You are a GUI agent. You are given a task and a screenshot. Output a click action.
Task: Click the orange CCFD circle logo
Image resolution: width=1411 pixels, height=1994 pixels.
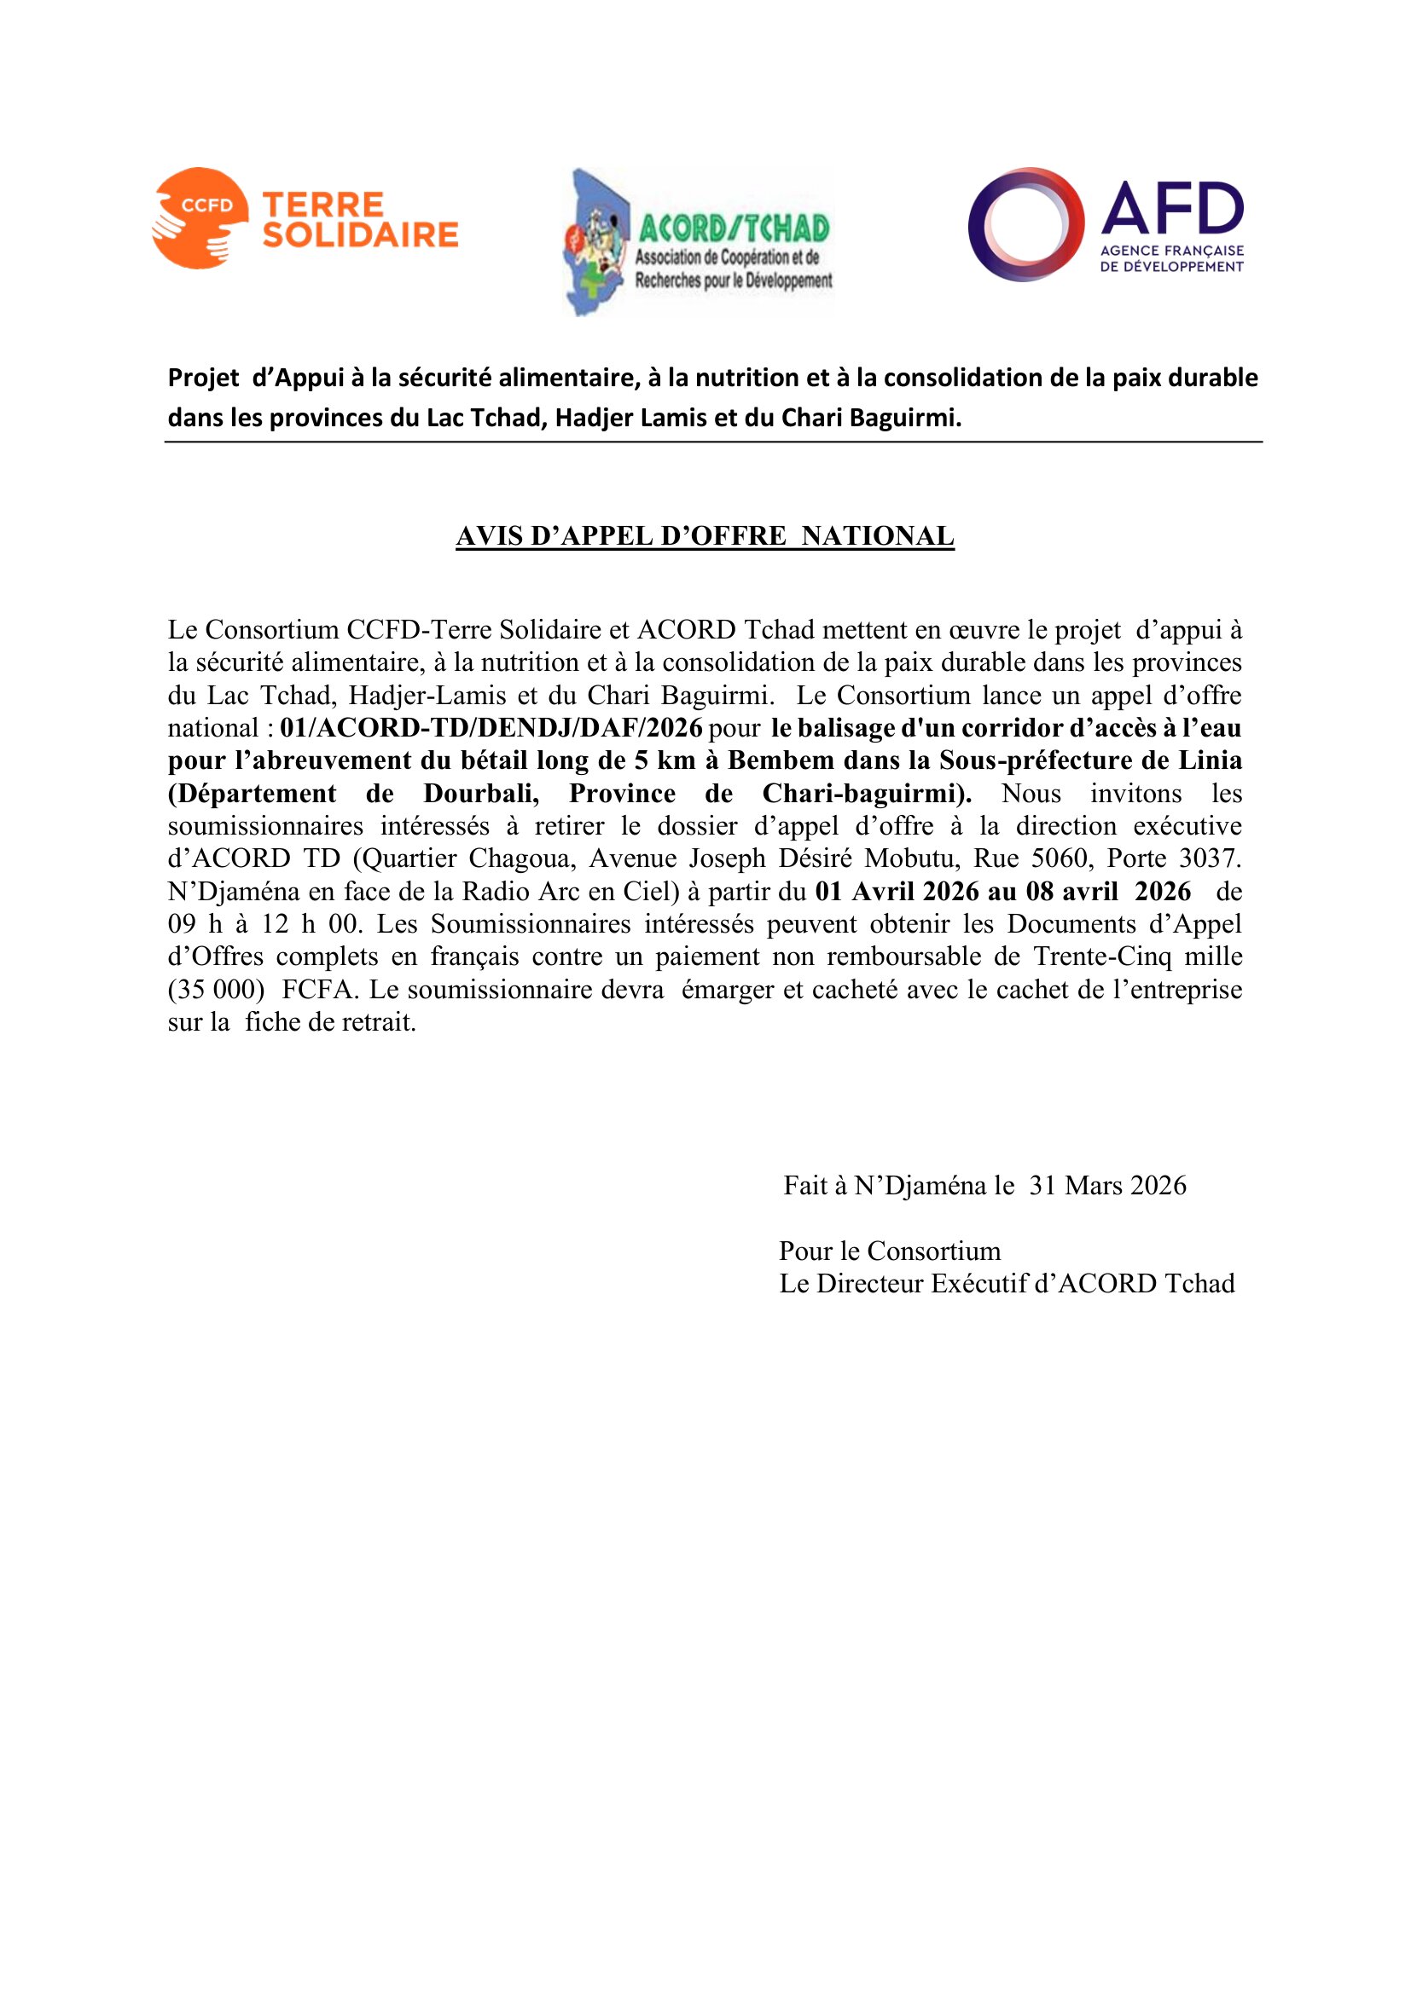point(198,217)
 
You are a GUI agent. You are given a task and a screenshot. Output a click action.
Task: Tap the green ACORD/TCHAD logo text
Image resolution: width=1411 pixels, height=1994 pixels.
point(734,228)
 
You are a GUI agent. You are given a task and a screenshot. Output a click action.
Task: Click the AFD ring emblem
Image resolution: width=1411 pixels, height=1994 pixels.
point(1026,224)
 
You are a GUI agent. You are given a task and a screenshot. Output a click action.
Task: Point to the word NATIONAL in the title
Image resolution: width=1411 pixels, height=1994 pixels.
point(878,536)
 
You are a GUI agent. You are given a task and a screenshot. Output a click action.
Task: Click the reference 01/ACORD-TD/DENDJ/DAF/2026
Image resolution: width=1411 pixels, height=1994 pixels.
point(491,728)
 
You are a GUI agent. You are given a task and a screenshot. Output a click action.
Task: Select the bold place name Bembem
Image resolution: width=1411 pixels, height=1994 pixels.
point(768,760)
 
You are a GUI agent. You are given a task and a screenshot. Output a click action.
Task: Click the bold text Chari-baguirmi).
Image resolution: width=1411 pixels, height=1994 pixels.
point(867,793)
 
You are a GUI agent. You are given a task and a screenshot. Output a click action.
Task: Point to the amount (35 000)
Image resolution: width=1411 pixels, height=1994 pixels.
point(216,989)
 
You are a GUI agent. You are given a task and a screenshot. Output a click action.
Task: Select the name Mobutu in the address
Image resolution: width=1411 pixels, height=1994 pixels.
point(911,858)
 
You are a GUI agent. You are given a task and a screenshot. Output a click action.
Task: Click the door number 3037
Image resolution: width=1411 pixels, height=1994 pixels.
point(1210,858)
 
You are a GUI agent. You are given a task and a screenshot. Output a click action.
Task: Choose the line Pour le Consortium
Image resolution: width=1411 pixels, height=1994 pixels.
point(890,1251)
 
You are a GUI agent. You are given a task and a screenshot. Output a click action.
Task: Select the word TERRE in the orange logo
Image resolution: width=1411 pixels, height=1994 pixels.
point(322,205)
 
